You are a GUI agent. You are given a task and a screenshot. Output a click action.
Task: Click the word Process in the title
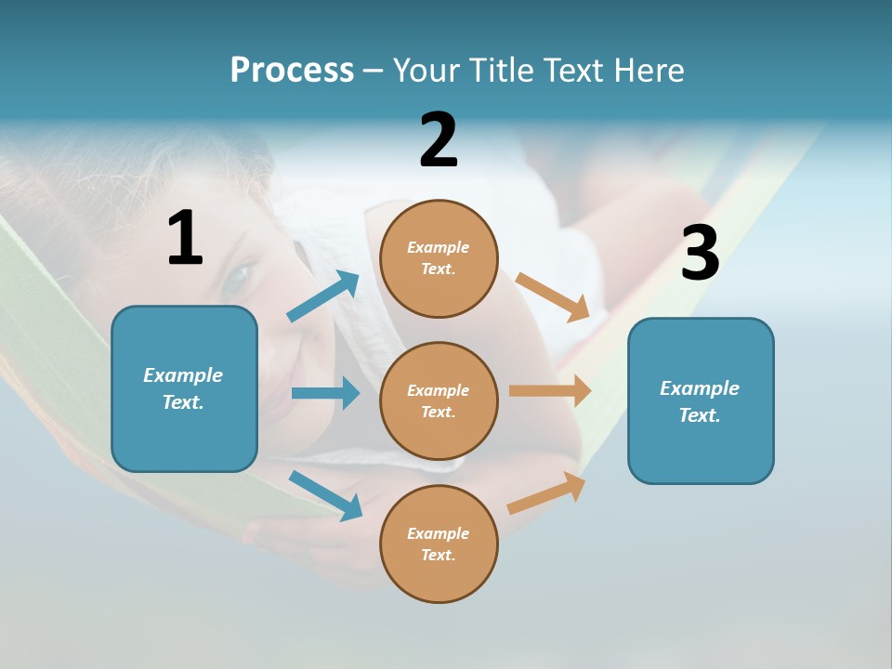point(292,71)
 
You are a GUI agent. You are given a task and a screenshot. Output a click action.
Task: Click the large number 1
point(185,239)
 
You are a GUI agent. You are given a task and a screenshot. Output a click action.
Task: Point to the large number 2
point(439,140)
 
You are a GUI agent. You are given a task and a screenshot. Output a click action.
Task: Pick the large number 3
point(700,254)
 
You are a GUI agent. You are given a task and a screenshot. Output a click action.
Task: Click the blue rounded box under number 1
point(184,388)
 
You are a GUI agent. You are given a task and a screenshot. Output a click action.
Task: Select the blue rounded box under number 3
point(701,400)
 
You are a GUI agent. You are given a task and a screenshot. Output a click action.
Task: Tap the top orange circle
point(439,258)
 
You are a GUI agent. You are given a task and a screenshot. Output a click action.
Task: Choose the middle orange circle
point(439,400)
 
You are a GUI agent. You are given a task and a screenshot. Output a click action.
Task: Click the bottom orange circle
point(439,544)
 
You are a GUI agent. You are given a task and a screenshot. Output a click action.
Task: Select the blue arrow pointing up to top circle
point(323,296)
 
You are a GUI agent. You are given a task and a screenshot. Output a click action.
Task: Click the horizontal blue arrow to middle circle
point(325,393)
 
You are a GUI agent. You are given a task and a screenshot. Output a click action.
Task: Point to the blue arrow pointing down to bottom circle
point(326,495)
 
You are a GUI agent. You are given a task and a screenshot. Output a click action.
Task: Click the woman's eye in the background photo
point(239,274)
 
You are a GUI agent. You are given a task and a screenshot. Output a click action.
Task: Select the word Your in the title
point(425,71)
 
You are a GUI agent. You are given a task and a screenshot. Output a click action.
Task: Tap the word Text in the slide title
point(573,71)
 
